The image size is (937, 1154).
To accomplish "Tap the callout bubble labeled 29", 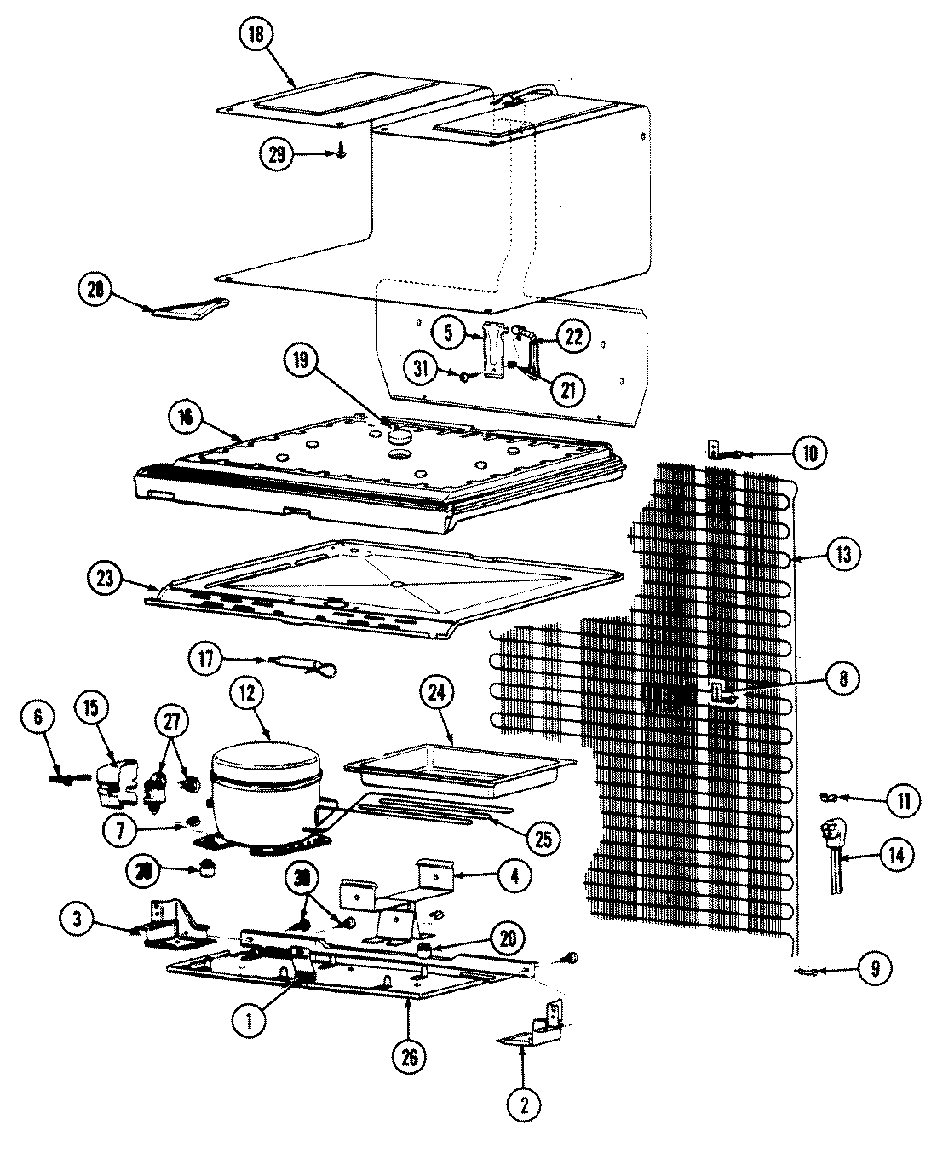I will click(277, 154).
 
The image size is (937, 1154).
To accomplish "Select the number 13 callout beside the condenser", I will click(842, 554).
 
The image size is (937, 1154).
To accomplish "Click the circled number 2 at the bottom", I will click(523, 1105).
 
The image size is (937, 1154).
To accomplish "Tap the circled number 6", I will click(37, 718).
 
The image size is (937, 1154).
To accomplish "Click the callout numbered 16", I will click(187, 418).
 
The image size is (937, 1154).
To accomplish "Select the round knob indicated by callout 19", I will click(398, 436).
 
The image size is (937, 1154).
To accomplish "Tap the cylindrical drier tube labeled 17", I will click(285, 661).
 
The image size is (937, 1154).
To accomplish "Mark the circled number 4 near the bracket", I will click(515, 875).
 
